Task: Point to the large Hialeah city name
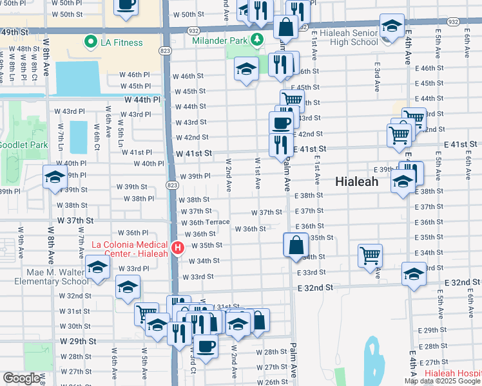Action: coord(357,182)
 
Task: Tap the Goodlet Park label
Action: coord(23,145)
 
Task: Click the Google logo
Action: coord(21,378)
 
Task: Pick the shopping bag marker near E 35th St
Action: coord(295,245)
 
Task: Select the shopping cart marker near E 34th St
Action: coord(370,255)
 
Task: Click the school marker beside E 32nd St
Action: coord(414,273)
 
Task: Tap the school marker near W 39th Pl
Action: coord(55,176)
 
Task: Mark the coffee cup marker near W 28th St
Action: coord(206,345)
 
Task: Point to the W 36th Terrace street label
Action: coord(205,222)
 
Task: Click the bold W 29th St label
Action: coord(77,340)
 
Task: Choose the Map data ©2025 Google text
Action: coord(442,381)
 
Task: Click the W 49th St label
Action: coord(14,31)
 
